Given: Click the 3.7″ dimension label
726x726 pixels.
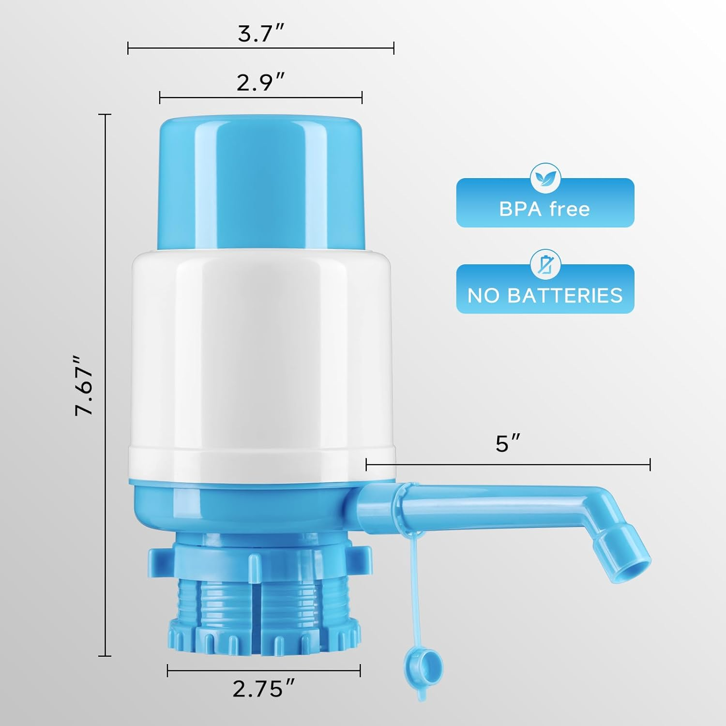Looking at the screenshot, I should (260, 34).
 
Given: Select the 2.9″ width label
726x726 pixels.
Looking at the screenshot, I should (260, 83).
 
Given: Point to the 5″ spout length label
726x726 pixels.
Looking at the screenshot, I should (507, 444).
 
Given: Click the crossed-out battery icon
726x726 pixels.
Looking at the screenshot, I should (545, 265).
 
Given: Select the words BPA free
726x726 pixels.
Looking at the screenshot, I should (544, 209).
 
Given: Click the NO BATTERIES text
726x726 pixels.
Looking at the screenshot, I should (545, 295).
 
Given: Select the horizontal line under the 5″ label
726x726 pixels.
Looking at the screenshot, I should (508, 465).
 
